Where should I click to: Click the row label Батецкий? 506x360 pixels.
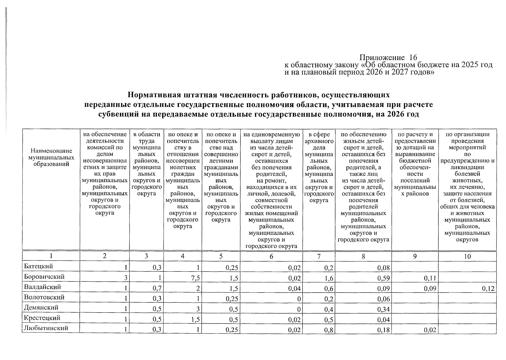click(x=38, y=266)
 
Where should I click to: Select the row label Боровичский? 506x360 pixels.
click(x=44, y=277)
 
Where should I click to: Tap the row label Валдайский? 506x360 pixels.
click(x=42, y=287)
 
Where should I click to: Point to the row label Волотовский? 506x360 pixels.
click(x=44, y=297)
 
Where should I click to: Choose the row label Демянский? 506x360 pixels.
click(x=41, y=307)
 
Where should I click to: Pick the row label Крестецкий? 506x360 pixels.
click(x=42, y=318)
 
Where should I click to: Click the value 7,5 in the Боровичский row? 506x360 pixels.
click(x=196, y=278)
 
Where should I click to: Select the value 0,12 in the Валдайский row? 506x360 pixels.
click(x=488, y=289)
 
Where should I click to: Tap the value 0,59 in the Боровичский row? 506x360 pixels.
click(x=384, y=278)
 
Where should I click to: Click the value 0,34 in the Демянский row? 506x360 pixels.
click(x=384, y=309)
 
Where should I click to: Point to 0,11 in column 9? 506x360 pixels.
click(x=430, y=278)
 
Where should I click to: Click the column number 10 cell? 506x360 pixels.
click(x=467, y=256)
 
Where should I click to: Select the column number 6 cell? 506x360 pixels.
click(x=271, y=256)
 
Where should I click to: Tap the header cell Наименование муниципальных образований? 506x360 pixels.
click(x=51, y=157)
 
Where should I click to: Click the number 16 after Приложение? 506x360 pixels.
click(x=413, y=57)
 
